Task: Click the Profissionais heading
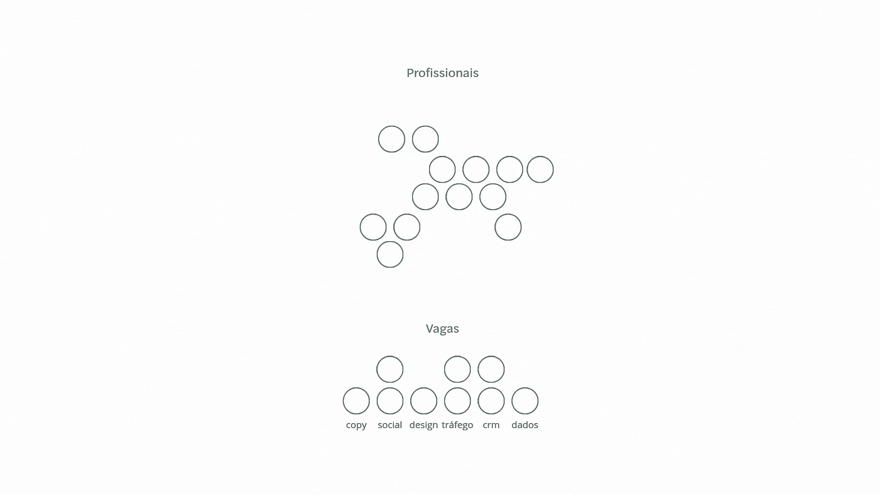pos(442,73)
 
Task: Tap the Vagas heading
pos(442,329)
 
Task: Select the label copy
pos(356,425)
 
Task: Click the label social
pos(390,425)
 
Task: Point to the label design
pos(423,425)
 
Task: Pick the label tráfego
pos(457,425)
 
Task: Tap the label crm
pos(491,425)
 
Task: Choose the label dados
pos(525,425)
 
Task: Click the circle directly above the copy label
pos(356,401)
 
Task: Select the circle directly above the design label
pos(424,401)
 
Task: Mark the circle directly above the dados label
pos(525,401)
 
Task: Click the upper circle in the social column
pos(390,369)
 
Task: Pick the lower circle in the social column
pos(390,401)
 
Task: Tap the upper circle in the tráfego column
pos(458,369)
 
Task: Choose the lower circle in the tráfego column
pos(458,401)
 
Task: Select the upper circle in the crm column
pos(491,369)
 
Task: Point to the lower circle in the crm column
pos(491,401)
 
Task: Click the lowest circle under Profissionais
pos(390,254)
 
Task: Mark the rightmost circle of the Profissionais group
pos(540,169)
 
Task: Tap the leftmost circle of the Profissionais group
pos(373,227)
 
